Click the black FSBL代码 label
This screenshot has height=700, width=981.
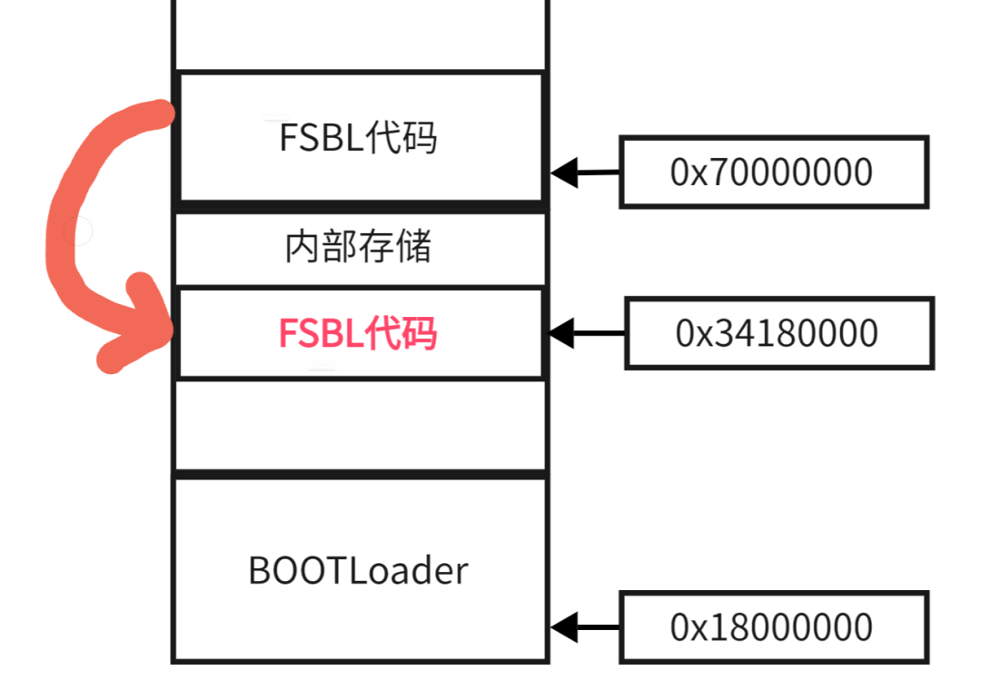coord(358,138)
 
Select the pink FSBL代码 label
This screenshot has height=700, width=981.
coord(358,333)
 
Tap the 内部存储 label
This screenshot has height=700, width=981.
coord(358,247)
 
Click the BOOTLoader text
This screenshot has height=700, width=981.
coord(358,570)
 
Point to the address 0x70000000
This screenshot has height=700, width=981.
coord(771,172)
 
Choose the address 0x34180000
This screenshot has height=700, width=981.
coord(777,333)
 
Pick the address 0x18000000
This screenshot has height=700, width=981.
coord(771,627)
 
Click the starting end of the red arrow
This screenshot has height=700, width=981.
coord(163,113)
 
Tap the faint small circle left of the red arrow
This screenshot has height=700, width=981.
coord(79,232)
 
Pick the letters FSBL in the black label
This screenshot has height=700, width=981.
coord(313,138)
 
